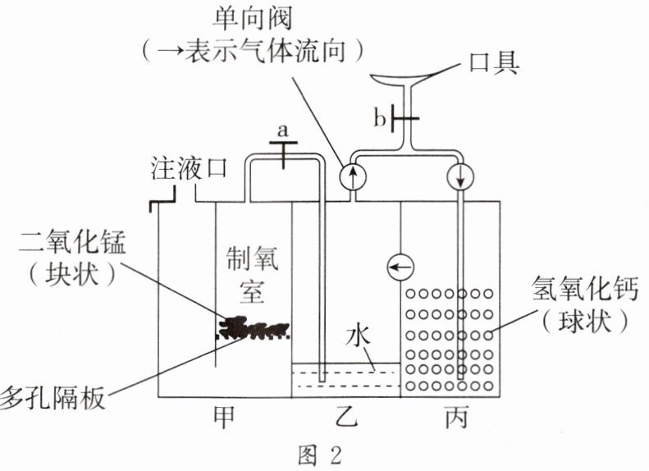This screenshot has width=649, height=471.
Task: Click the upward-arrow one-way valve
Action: (x=353, y=176)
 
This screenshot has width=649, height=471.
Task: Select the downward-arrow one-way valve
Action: (x=460, y=176)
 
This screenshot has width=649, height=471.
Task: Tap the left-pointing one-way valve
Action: (x=400, y=267)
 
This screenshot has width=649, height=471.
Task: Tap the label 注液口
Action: (x=190, y=169)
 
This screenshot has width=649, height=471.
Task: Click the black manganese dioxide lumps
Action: (x=254, y=327)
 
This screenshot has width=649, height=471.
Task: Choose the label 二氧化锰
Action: (x=72, y=243)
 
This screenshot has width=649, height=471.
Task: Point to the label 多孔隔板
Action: (x=53, y=399)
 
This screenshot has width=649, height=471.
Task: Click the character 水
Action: (x=359, y=337)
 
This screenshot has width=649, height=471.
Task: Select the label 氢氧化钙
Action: (x=585, y=290)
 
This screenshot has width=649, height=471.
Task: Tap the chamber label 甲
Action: (x=224, y=417)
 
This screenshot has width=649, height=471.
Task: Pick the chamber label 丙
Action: (x=456, y=417)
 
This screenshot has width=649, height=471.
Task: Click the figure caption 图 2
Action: (x=320, y=455)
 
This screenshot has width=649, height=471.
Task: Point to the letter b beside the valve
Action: (x=380, y=119)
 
